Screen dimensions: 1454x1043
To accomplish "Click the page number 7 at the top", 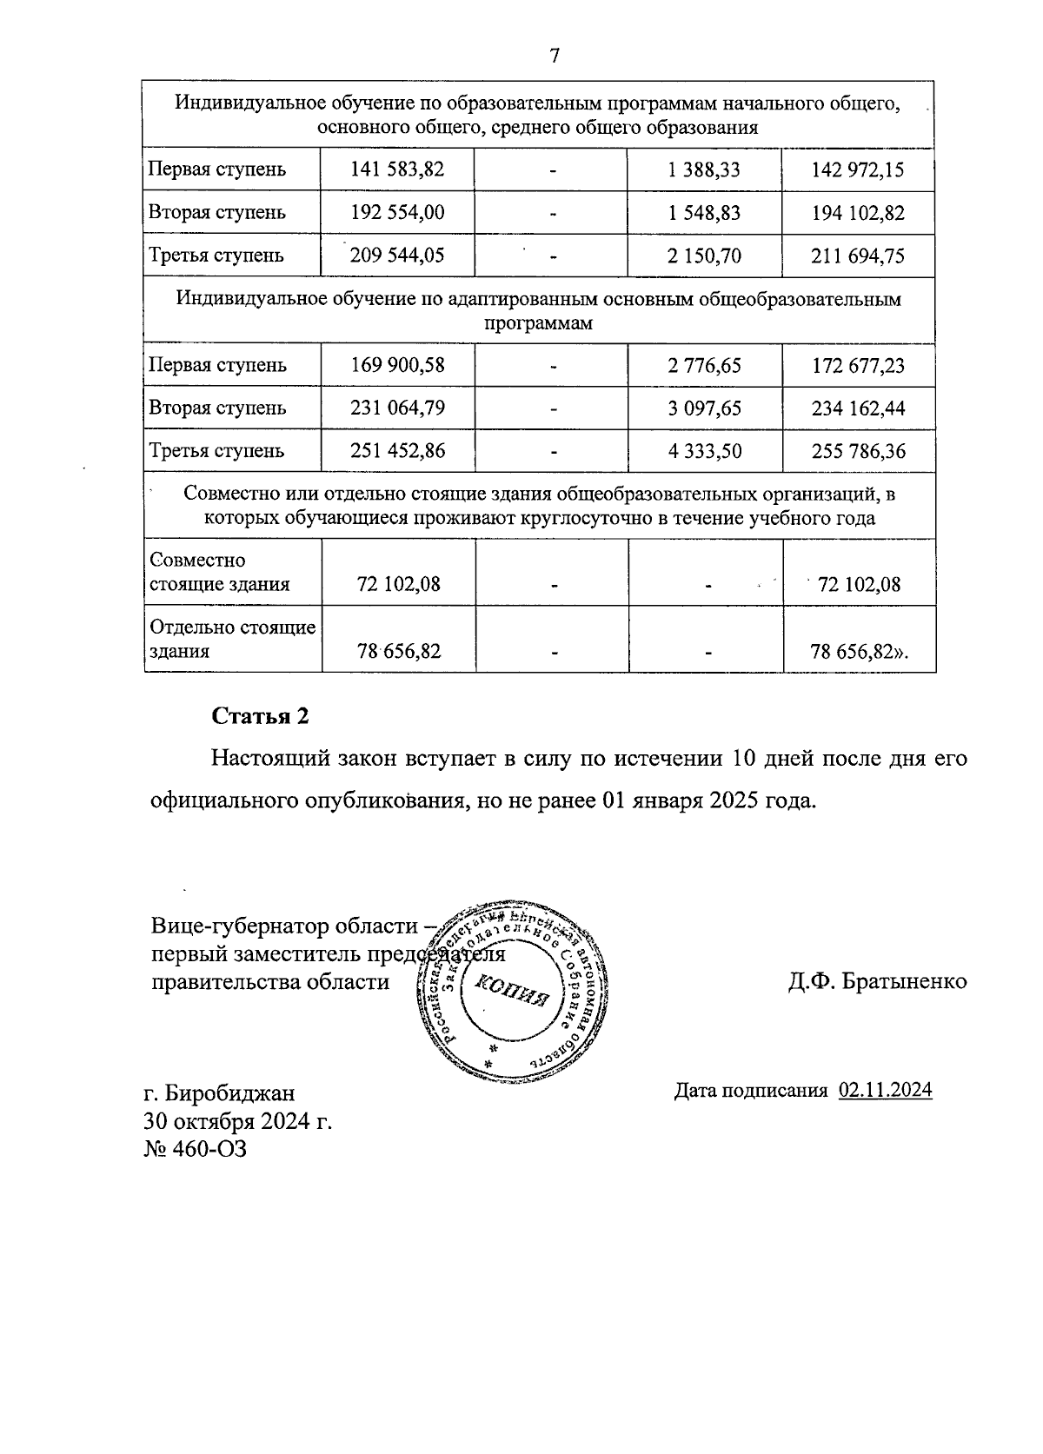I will (554, 56).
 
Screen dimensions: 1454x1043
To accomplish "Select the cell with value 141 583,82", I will (397, 169).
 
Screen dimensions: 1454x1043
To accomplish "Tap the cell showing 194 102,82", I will (858, 213).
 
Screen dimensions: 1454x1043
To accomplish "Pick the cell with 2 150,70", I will (705, 256).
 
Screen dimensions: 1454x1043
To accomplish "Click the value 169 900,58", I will (397, 365).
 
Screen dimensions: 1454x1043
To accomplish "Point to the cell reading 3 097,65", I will (705, 408).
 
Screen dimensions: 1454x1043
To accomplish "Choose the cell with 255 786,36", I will (858, 452).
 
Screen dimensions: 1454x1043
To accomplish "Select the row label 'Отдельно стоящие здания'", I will (231, 639).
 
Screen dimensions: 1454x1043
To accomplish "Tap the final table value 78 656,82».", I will (859, 651).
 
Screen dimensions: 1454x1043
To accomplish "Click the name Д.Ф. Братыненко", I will (877, 981).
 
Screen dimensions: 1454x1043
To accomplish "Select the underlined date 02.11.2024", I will (885, 1090).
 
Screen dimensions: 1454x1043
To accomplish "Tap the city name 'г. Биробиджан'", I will (219, 1092).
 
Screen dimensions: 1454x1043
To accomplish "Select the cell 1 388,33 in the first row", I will (705, 169).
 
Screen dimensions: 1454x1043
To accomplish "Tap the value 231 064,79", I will (397, 408).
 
